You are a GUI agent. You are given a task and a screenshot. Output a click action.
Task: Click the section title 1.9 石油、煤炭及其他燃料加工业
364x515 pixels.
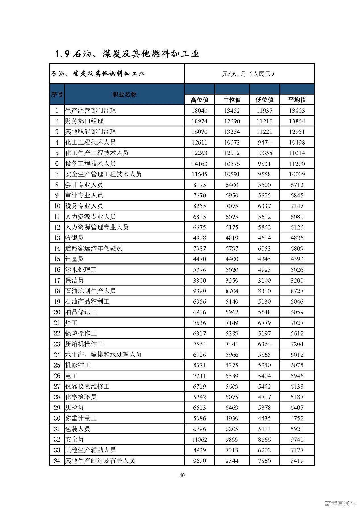(127, 54)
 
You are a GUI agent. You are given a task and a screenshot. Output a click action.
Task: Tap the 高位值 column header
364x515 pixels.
(199, 100)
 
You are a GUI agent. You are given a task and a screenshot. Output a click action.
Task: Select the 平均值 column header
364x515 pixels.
(297, 100)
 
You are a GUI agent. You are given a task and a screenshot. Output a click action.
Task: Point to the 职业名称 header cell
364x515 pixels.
(124, 94)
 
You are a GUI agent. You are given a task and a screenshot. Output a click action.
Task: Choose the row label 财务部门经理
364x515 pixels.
(84, 121)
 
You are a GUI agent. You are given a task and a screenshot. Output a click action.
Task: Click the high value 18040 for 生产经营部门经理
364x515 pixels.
(199, 111)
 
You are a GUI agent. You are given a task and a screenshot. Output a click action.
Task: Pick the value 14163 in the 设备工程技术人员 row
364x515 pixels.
(199, 164)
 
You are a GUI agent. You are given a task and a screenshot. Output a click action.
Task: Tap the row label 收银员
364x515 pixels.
(75, 238)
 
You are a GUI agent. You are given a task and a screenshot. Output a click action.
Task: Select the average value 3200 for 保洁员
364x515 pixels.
(297, 280)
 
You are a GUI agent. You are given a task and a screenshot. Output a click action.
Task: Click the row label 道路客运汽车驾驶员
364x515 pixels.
(94, 248)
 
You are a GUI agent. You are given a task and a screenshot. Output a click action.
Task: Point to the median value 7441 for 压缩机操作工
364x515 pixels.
(232, 344)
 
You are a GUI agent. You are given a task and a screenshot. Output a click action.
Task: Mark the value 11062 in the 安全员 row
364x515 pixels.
(199, 440)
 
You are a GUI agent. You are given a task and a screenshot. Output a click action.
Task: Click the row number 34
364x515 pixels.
(57, 461)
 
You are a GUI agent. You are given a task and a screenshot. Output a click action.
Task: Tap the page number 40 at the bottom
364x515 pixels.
(182, 475)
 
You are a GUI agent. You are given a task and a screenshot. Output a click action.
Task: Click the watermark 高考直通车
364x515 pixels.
(340, 504)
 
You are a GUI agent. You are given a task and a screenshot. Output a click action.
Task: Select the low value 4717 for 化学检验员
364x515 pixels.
(264, 397)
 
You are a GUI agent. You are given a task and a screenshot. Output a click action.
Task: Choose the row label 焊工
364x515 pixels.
(71, 323)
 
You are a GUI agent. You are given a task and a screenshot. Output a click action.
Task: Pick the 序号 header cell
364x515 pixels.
(57, 94)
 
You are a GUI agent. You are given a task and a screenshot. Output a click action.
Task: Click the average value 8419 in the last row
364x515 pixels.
(297, 461)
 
